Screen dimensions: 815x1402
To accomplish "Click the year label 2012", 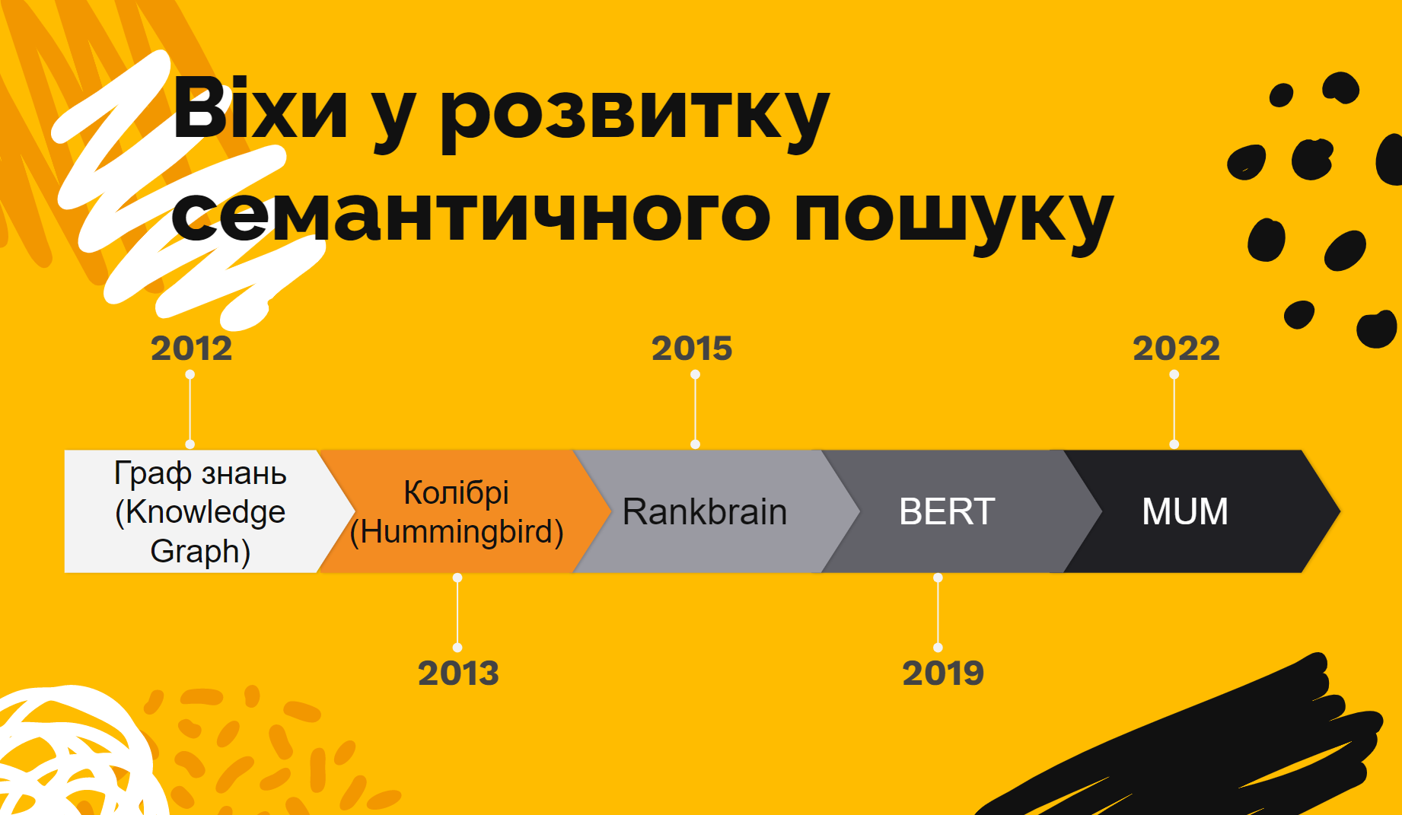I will [191, 349].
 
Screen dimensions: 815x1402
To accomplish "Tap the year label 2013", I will [458, 673].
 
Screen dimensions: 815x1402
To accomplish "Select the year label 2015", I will [692, 349].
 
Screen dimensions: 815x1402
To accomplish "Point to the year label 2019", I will [943, 673].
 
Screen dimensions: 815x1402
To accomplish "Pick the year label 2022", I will [1176, 349].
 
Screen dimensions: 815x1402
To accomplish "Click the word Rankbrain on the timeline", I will [704, 511].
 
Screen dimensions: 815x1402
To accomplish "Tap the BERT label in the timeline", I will [947, 511].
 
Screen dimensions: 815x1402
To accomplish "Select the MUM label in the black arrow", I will [1185, 511].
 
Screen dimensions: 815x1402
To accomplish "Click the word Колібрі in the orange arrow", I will [456, 492].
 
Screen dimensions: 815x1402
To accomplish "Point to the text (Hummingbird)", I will [456, 532].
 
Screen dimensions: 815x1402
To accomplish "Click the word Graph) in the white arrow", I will [200, 551].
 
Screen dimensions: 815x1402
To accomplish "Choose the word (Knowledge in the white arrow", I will [200, 512].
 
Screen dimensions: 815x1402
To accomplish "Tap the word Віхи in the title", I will [260, 111].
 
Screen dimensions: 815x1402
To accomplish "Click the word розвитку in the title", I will [635, 114].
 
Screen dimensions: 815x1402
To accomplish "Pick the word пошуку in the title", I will [954, 217].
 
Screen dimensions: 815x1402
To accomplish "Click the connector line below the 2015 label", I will [695, 409].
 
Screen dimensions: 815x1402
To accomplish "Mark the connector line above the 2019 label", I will [938, 613].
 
